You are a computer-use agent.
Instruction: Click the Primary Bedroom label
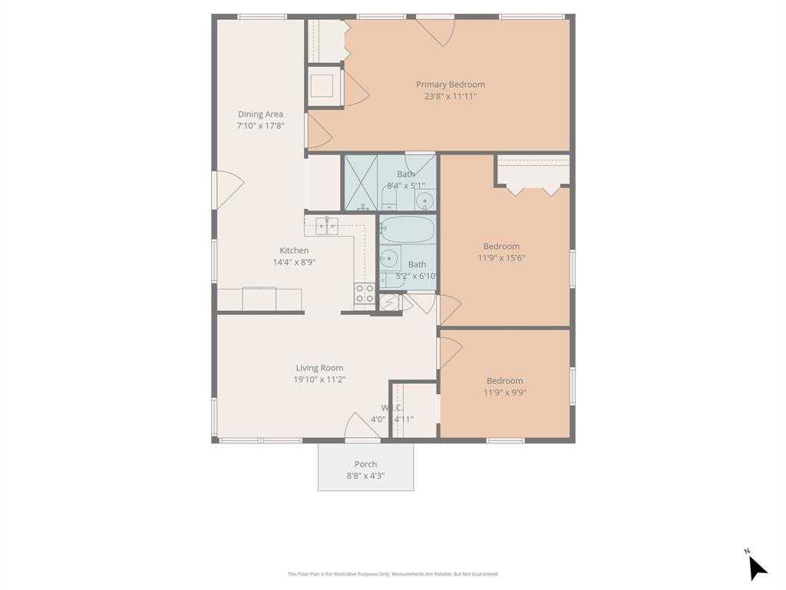coord(451,85)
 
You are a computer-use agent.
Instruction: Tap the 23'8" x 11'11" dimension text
coord(451,97)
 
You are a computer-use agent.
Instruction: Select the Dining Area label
coord(260,114)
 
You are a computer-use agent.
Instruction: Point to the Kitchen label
coord(294,250)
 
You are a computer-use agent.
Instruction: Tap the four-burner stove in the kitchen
coord(365,293)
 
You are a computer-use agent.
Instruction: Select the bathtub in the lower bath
coord(407,229)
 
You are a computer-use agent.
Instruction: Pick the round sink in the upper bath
coord(424,202)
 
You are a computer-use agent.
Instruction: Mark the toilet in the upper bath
coord(389,201)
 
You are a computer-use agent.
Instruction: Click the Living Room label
coord(319,368)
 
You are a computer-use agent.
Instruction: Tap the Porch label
coord(365,464)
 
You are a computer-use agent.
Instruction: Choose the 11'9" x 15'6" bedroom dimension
coord(501,258)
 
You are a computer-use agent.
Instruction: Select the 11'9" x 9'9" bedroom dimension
coord(504,393)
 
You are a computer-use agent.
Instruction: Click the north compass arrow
coord(756,567)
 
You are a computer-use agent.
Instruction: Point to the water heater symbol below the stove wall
coord(389,303)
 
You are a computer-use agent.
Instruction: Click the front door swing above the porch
coord(360,427)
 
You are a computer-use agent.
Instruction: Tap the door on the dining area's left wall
coord(228,189)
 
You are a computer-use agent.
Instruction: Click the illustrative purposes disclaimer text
coord(393,574)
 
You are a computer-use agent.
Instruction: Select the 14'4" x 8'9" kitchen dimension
coord(294,262)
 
